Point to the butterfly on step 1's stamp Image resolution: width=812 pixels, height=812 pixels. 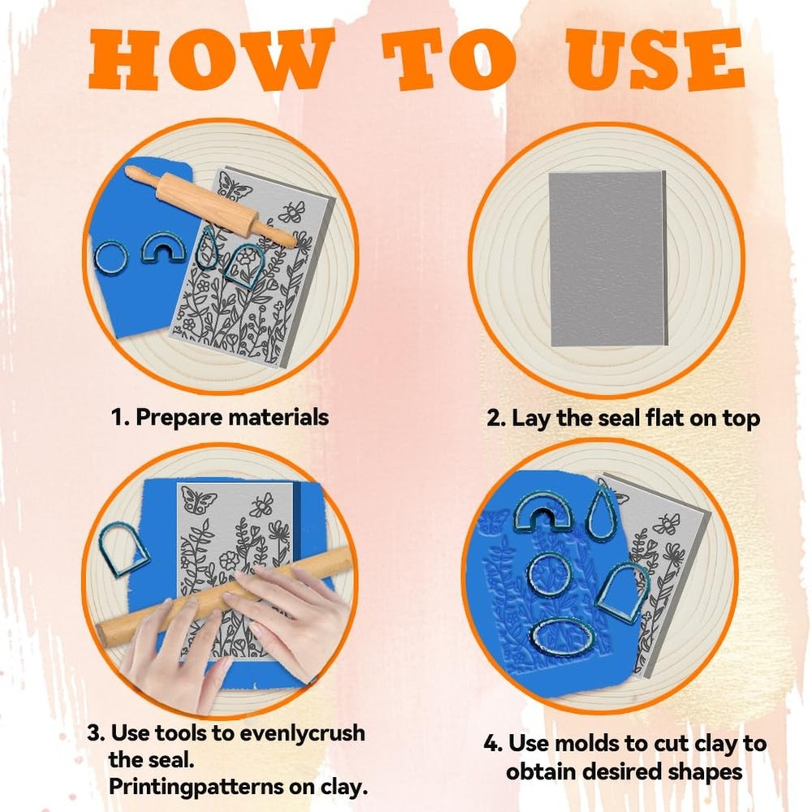point(235,187)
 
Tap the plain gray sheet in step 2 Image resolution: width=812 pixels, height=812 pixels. point(607,258)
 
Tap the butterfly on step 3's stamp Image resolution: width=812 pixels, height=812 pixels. point(198,500)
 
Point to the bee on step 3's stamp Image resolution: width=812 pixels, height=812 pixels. point(262,505)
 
